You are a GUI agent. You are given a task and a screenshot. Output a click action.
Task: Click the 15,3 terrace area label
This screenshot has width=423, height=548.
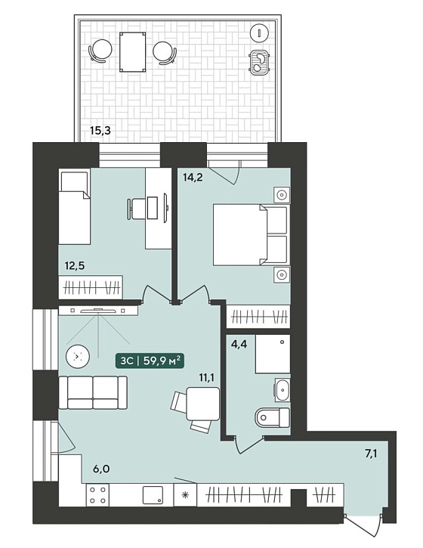100,131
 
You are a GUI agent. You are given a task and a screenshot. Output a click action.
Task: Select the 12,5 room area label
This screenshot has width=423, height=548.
75,266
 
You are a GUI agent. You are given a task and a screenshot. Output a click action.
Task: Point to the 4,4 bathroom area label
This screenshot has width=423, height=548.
239,344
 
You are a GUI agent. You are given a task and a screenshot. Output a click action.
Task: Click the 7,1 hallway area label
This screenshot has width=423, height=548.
372,454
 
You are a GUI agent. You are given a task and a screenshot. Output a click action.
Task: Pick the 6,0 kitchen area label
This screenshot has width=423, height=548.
101,469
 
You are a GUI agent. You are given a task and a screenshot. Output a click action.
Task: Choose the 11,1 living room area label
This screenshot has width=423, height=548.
206,377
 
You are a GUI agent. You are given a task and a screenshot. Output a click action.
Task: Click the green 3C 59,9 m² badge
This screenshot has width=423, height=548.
150,361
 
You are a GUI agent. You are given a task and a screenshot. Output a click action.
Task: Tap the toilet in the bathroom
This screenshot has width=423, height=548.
273,417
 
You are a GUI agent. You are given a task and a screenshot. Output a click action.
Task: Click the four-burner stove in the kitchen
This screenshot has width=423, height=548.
97,495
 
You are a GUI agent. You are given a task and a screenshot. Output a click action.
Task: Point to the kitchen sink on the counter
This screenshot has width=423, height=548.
153,495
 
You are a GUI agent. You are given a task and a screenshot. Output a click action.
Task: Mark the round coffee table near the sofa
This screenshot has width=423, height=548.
78,357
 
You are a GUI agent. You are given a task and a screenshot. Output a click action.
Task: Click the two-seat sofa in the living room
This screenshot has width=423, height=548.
93,392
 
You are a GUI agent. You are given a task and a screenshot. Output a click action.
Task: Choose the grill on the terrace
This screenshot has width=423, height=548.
259,62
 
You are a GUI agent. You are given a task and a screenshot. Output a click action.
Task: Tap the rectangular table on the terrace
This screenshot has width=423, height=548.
133,52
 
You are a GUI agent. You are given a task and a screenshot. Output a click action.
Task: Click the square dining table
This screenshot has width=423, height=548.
203,404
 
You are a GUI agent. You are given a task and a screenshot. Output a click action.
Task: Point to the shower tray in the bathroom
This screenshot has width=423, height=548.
273,354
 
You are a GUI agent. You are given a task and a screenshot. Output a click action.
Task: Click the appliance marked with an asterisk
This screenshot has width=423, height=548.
186,495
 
